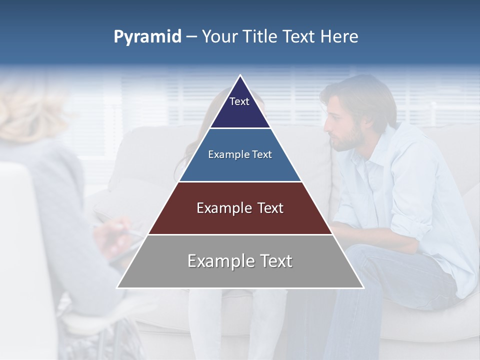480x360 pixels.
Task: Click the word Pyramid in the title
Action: click(x=147, y=37)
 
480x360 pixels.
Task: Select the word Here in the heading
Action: click(x=339, y=37)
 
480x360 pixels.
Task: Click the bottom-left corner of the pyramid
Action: click(x=117, y=287)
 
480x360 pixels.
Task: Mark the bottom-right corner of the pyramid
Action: click(x=363, y=287)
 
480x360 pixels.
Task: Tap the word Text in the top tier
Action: click(x=239, y=101)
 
